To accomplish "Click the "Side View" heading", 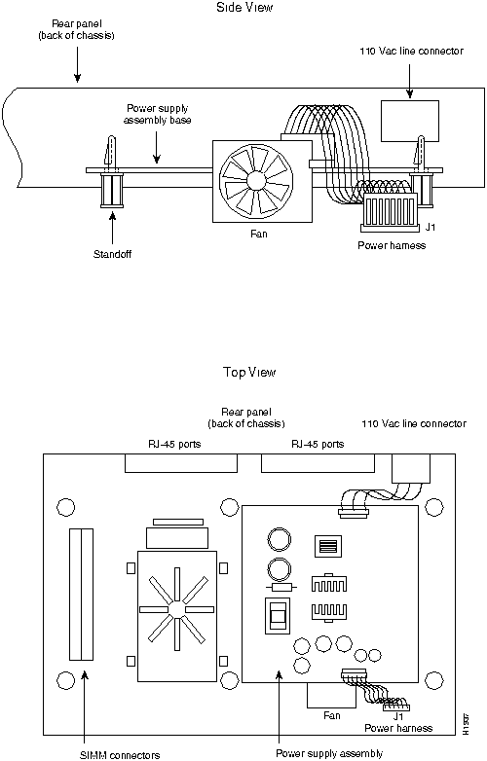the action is [x=244, y=7].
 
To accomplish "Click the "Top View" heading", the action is [x=249, y=373].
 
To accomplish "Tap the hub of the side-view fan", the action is [x=255, y=181].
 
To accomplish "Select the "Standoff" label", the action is [x=112, y=254].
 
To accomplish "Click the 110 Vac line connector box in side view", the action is [x=410, y=121].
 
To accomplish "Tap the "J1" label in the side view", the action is [x=431, y=227].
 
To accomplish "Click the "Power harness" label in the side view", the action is [x=392, y=245].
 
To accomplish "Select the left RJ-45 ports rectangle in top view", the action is [x=181, y=463].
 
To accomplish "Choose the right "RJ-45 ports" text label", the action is [x=318, y=444].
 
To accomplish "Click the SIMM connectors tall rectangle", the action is [x=81, y=594].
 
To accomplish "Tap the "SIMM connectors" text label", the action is [x=120, y=755].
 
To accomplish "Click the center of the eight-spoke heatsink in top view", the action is [x=176, y=609].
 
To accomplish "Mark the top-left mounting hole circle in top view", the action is [x=66, y=507].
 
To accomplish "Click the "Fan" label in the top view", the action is [x=332, y=715].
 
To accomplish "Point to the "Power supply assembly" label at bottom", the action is [x=329, y=753].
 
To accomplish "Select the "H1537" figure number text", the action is [x=466, y=724].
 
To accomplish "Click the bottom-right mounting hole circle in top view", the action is [x=434, y=680].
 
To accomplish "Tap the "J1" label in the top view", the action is [x=398, y=716].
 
